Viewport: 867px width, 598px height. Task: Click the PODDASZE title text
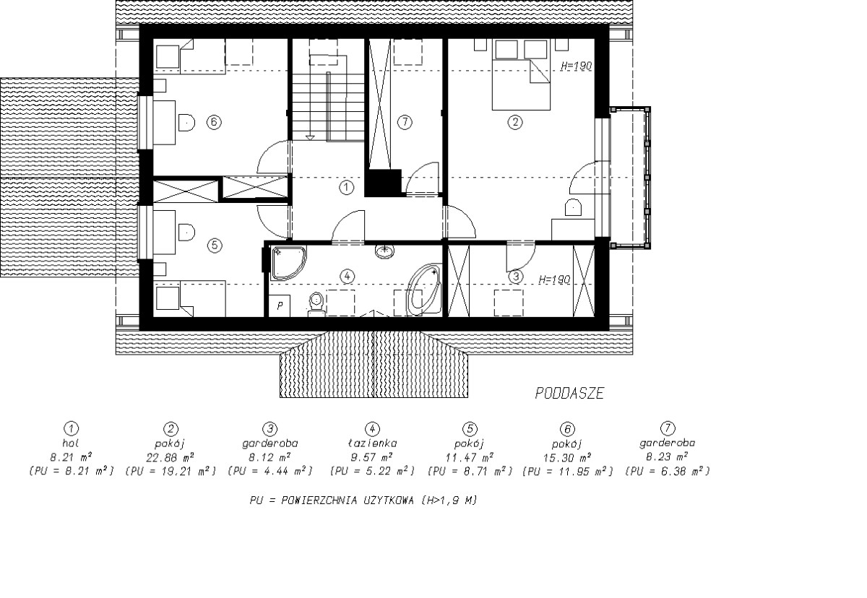click(x=569, y=394)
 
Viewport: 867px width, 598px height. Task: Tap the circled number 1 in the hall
click(x=346, y=188)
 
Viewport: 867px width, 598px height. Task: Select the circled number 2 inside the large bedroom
click(x=514, y=122)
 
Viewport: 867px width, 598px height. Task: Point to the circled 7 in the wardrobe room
click(x=405, y=122)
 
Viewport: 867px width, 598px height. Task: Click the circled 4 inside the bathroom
click(x=347, y=276)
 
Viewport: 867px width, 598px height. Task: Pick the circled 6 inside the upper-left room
click(x=214, y=122)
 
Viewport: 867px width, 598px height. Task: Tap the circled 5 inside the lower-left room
click(x=215, y=246)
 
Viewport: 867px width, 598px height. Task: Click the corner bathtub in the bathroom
click(x=423, y=289)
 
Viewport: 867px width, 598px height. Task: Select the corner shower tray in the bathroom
click(x=288, y=263)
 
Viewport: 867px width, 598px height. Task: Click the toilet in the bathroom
click(x=316, y=304)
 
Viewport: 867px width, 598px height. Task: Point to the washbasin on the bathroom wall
click(x=384, y=251)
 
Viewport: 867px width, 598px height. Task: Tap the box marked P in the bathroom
click(x=279, y=305)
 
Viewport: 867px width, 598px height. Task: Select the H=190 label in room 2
click(x=577, y=66)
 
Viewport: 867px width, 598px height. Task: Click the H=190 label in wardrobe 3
click(x=555, y=279)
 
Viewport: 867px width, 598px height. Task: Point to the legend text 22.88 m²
click(x=170, y=458)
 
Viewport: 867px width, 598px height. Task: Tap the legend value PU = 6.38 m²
click(x=668, y=472)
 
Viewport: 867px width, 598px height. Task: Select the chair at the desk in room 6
click(x=186, y=122)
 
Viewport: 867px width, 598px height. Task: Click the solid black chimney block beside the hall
click(x=383, y=183)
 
